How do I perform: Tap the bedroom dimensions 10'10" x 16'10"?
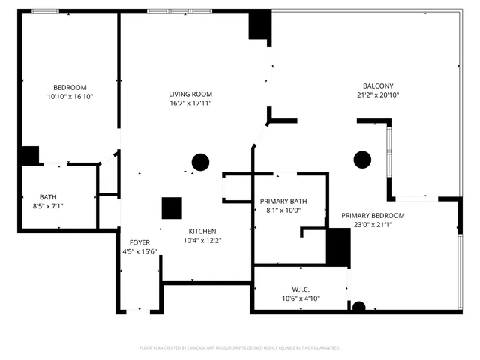tap(70, 97)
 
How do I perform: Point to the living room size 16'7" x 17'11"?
tap(190, 103)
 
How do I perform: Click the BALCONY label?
tap(378, 86)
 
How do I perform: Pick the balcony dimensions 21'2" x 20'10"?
tap(378, 95)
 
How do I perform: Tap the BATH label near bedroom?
tap(48, 196)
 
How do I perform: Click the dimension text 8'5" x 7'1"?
tap(48, 206)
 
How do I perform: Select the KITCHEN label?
tap(202, 231)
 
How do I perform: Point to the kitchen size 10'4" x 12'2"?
tap(202, 241)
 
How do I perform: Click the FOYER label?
tap(139, 242)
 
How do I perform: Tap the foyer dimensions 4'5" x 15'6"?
tap(139, 252)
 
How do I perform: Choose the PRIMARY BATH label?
tap(283, 201)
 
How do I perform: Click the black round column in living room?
tap(200, 162)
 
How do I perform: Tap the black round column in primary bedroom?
tap(363, 159)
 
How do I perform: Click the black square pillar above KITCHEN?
tap(172, 208)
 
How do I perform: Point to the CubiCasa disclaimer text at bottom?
tap(240, 348)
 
